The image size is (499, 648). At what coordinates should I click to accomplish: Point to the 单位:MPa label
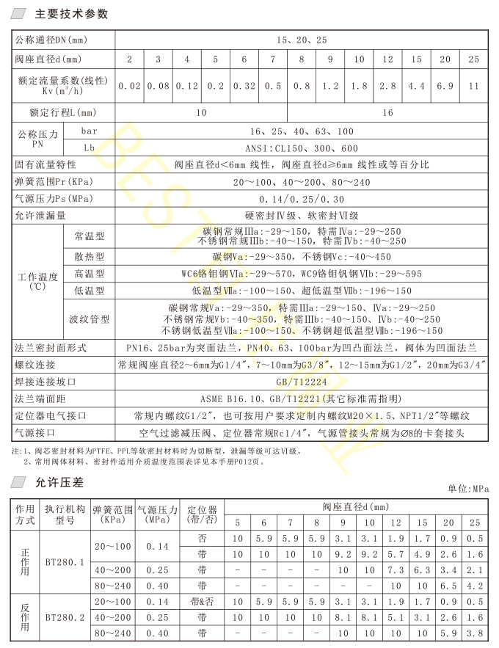click(x=467, y=488)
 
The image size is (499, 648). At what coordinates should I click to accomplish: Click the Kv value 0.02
click(x=129, y=86)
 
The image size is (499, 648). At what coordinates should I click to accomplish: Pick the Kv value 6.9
click(x=445, y=86)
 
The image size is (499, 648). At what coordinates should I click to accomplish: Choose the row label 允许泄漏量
click(x=41, y=215)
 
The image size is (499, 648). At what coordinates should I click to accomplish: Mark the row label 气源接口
click(x=35, y=433)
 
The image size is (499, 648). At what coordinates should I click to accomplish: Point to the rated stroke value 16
click(x=388, y=113)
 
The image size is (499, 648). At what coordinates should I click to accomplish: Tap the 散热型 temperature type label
click(x=90, y=257)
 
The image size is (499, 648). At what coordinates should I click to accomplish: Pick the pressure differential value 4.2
click(x=473, y=586)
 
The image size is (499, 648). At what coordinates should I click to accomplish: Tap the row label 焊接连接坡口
click(x=45, y=382)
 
